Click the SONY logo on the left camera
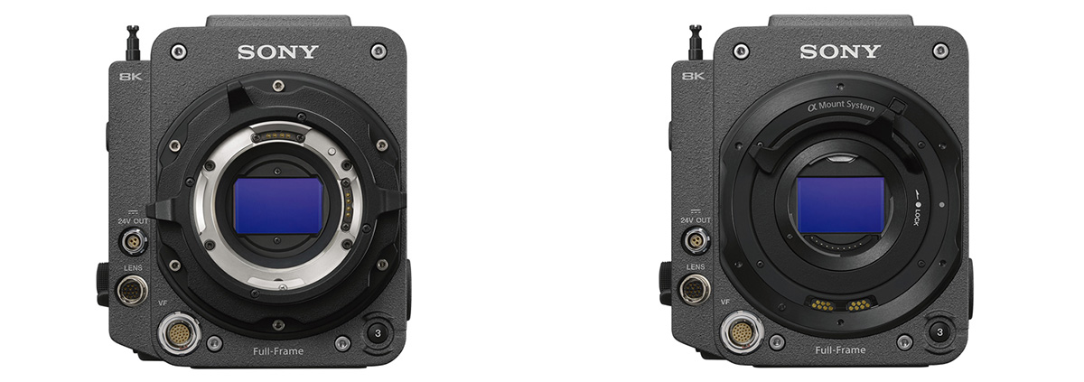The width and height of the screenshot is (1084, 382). pyautogui.click(x=278, y=51)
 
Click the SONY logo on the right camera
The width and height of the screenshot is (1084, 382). pyautogui.click(x=839, y=51)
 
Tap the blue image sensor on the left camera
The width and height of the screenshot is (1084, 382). pyautogui.click(x=278, y=206)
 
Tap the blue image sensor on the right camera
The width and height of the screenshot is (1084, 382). pyautogui.click(x=841, y=205)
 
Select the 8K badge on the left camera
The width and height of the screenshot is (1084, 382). pyautogui.click(x=131, y=76)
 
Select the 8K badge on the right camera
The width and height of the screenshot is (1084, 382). pyautogui.click(x=693, y=76)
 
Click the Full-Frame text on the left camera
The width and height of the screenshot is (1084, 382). pyautogui.click(x=278, y=351)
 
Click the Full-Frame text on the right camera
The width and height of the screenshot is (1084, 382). pyautogui.click(x=840, y=349)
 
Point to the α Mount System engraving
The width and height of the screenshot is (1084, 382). pyautogui.click(x=841, y=106)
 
